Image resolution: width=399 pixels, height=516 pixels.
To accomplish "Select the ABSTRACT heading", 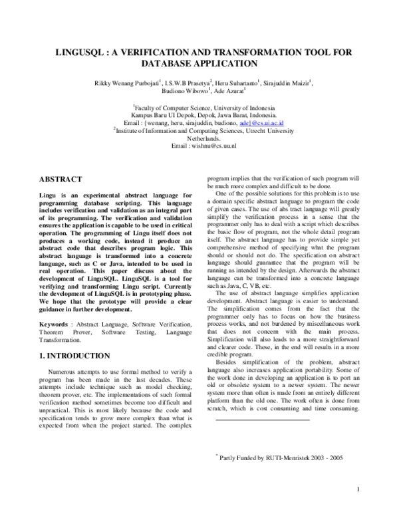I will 61,180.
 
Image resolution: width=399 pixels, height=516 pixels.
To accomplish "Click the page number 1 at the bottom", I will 358,491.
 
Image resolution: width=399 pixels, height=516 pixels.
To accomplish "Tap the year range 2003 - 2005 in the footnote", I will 324,458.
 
